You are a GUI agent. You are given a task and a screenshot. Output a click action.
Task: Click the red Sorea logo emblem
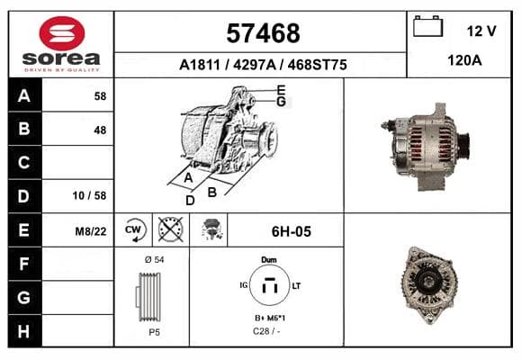(x=62, y=33)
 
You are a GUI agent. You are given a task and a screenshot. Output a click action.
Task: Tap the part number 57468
(x=263, y=33)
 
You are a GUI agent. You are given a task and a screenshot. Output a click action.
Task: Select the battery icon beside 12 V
(x=427, y=26)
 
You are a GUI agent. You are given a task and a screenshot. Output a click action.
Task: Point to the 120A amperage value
(x=464, y=60)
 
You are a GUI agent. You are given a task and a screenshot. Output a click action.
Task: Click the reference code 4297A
(x=255, y=65)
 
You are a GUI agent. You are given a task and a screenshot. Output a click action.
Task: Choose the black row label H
(x=24, y=331)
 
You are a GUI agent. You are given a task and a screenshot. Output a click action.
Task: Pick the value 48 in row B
(x=100, y=130)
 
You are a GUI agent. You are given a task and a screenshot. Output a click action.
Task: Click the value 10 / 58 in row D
(x=89, y=195)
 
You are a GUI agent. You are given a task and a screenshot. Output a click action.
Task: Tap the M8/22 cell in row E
(x=91, y=231)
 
